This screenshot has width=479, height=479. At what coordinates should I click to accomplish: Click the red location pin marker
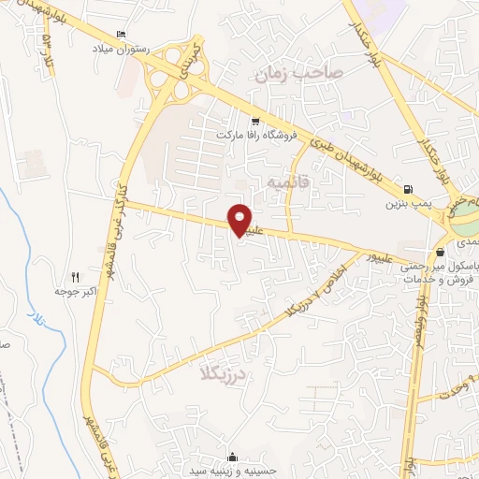(240, 220)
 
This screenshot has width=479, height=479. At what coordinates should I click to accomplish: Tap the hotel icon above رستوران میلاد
(121, 35)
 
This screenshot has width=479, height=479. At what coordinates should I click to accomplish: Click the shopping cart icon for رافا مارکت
(255, 122)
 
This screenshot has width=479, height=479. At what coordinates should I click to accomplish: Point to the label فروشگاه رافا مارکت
(256, 136)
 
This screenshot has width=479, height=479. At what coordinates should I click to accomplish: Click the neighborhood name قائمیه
(288, 179)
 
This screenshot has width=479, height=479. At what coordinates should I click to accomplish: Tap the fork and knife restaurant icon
(76, 278)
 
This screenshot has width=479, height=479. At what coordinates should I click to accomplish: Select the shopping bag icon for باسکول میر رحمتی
(440, 252)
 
